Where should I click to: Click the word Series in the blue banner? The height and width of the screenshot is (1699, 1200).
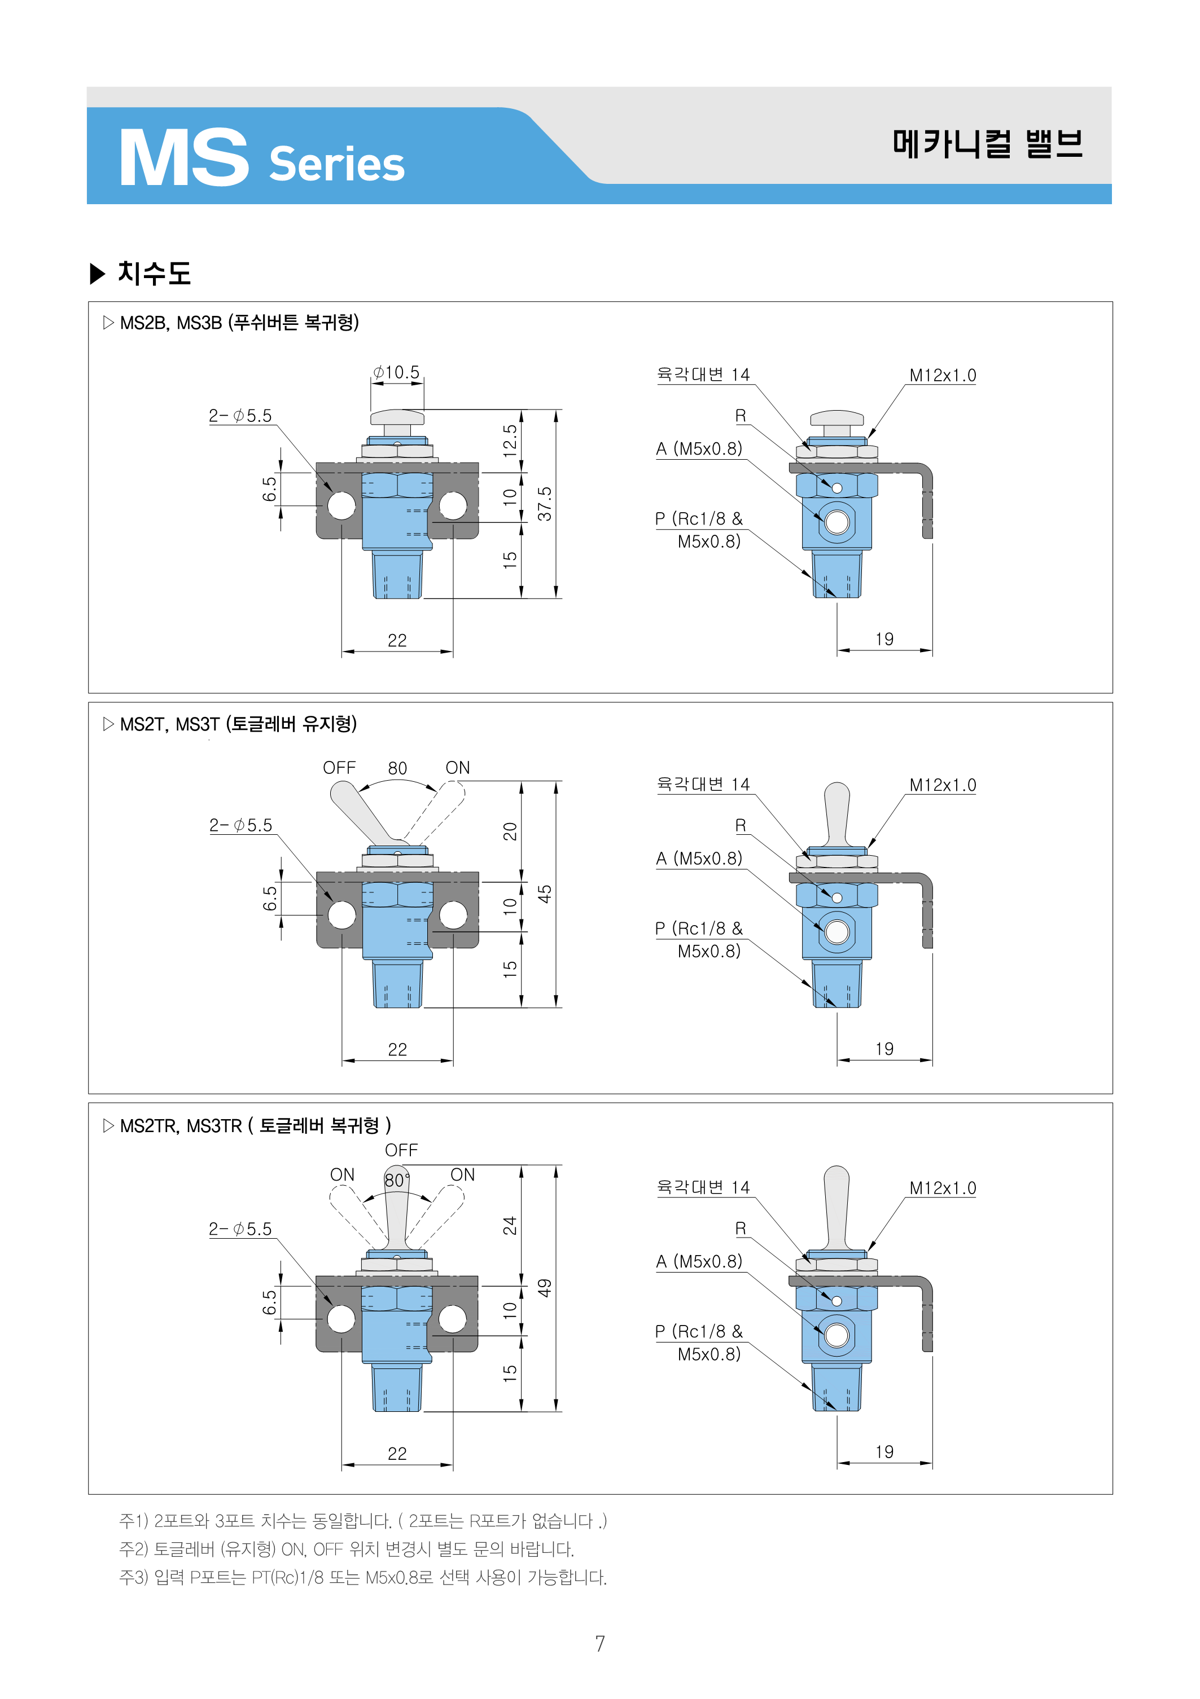pyautogui.click(x=337, y=164)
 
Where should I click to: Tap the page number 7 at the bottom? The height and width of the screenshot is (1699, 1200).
pyautogui.click(x=599, y=1644)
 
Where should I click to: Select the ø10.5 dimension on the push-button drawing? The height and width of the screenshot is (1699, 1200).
pyautogui.click(x=396, y=372)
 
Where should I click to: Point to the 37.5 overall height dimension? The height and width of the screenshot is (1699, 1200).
pyautogui.click(x=545, y=504)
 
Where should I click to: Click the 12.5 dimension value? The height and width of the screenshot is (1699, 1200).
pyautogui.click(x=510, y=441)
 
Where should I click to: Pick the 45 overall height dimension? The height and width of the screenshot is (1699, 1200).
pyautogui.click(x=545, y=894)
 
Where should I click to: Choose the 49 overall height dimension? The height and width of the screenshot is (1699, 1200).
pyautogui.click(x=545, y=1288)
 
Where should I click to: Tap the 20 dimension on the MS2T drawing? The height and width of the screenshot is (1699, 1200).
pyautogui.click(x=510, y=832)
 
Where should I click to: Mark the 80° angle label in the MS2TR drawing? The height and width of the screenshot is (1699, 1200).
pyautogui.click(x=397, y=1180)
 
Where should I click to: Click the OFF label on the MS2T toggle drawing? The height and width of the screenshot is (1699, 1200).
pyautogui.click(x=339, y=768)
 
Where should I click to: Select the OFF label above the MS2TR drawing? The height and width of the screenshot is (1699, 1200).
pyautogui.click(x=401, y=1151)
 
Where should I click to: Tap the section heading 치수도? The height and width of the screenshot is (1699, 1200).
pyautogui.click(x=154, y=273)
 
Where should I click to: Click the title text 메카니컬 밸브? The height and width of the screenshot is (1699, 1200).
pyautogui.click(x=988, y=143)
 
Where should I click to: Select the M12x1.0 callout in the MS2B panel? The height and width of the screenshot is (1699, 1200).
pyautogui.click(x=943, y=375)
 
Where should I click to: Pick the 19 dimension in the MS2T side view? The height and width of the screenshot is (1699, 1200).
pyautogui.click(x=884, y=1049)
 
